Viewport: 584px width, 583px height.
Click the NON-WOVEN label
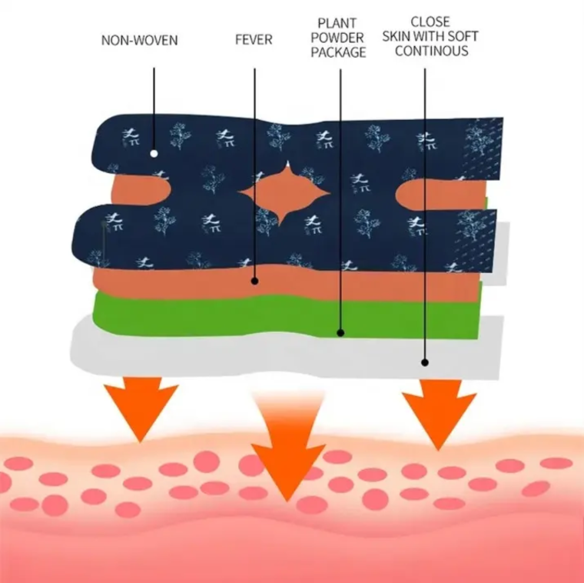139,39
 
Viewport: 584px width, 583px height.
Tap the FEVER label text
254,39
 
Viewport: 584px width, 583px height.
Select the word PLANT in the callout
339,25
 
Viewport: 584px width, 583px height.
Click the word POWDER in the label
339,38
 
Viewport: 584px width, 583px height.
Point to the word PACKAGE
339,52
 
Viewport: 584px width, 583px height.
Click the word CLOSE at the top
430,22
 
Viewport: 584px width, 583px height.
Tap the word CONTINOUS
431,52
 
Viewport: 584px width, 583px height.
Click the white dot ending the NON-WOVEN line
154,153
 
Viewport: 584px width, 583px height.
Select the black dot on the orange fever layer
255,281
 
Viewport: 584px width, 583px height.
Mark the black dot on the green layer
340,333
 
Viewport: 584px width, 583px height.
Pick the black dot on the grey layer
424,361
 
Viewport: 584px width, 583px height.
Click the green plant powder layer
192,315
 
